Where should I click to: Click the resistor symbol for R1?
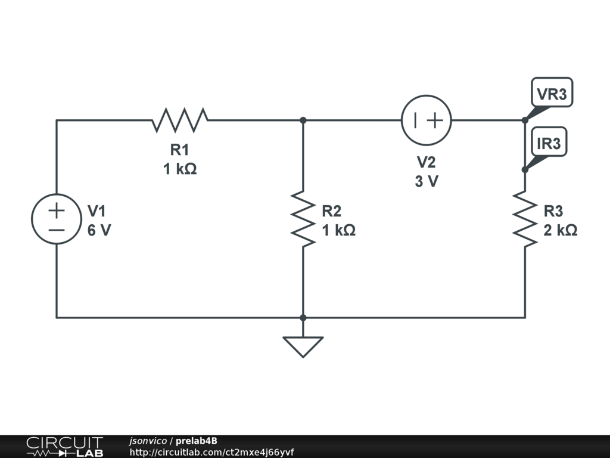pos(180,120)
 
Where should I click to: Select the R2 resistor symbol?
pos(303,218)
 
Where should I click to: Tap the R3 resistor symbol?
pos(525,218)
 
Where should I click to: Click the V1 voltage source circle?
pos(57,219)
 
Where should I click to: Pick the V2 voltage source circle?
pos(426,120)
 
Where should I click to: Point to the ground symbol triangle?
pos(303,346)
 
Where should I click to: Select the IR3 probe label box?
pos(549,143)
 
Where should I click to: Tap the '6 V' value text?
pos(99,230)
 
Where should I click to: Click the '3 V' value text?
pos(426,181)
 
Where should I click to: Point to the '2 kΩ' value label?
pos(560,230)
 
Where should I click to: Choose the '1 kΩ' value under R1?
pos(180,169)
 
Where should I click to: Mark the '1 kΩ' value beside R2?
pos(338,230)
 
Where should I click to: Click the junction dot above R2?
pos(303,120)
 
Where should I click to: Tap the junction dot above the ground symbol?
pos(303,317)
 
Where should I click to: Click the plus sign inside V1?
pos(57,210)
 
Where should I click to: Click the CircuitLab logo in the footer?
pos(64,447)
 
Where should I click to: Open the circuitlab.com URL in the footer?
pos(211,452)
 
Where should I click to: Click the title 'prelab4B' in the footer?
pos(197,441)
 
